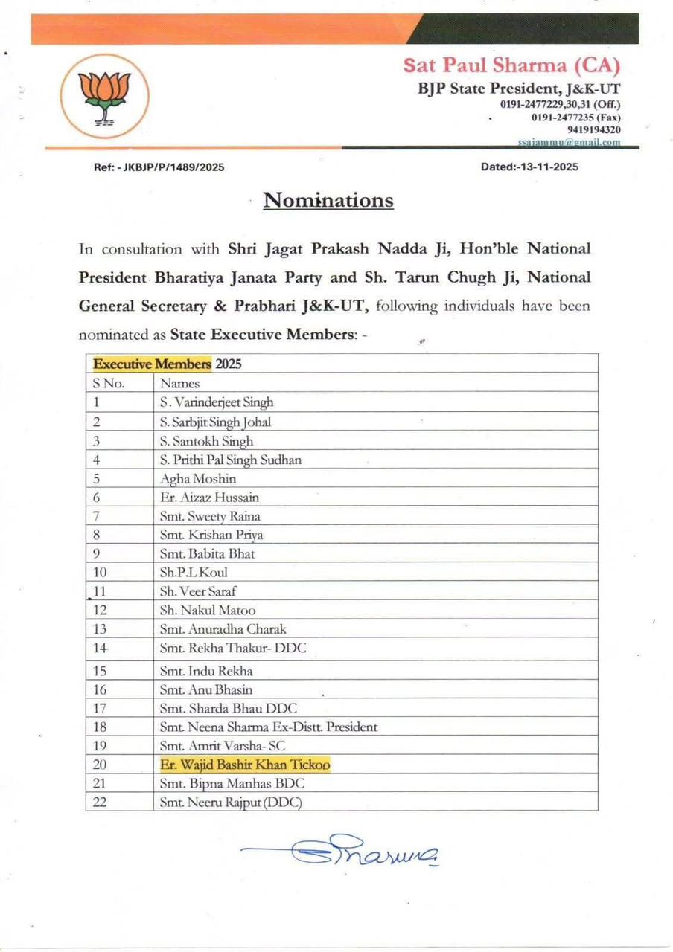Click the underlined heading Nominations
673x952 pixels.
[x=328, y=200]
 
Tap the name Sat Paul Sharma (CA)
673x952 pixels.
[x=511, y=65]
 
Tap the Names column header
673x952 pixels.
[x=179, y=383]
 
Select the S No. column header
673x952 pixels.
[x=109, y=383]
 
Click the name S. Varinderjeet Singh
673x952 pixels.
[x=217, y=402]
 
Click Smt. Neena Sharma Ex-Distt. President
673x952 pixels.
[x=269, y=727]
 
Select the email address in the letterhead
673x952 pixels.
[x=569, y=141]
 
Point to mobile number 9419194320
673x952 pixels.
[x=593, y=129]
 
